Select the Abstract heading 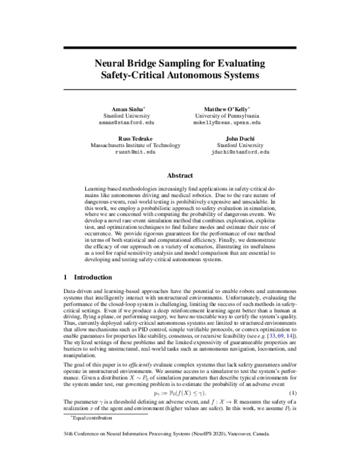[x=179, y=176]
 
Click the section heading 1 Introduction [x=88, y=277]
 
